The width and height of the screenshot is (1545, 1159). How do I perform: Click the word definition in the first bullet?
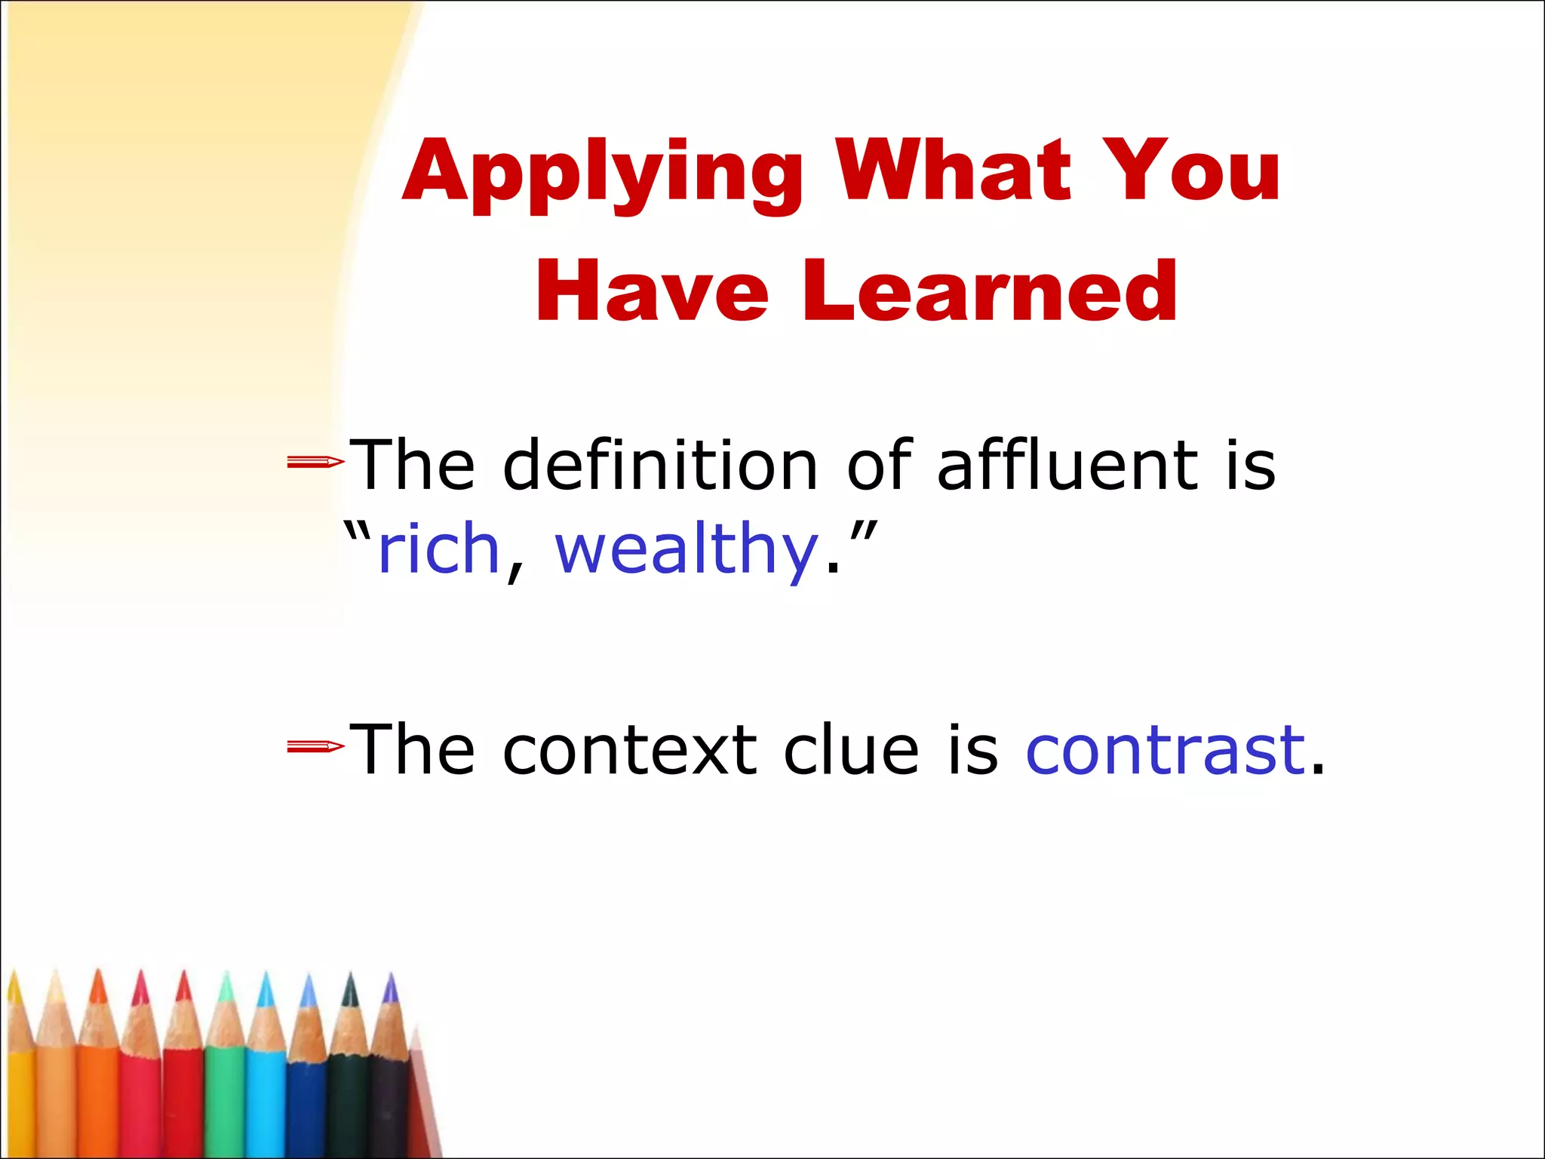[661, 466]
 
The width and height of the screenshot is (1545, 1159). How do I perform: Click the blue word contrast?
[1166, 750]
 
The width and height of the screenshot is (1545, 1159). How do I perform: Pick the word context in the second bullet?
[630, 750]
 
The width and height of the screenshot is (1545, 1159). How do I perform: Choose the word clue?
[851, 750]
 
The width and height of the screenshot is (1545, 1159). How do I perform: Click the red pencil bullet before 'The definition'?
[315, 462]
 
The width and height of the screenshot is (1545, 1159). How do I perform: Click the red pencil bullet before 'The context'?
[315, 747]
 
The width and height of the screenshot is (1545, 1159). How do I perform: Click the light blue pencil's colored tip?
[266, 990]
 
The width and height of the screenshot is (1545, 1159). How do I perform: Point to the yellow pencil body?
[20, 1102]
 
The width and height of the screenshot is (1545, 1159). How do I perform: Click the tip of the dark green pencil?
[350, 988]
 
